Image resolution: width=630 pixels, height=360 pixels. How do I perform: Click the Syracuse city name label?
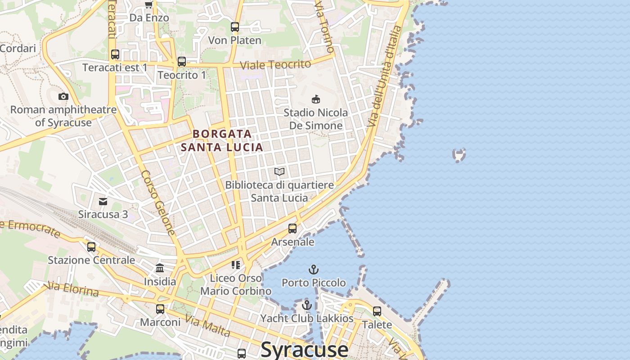(x=304, y=349)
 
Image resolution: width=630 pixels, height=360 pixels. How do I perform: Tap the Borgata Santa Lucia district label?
(x=222, y=140)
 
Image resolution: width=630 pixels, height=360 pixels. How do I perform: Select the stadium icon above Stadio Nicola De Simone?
(x=316, y=99)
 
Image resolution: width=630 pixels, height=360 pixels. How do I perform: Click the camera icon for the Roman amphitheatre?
(x=63, y=96)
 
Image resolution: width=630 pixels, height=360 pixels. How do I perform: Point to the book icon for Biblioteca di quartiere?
(x=279, y=172)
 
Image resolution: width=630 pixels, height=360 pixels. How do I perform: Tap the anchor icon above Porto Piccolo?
(x=313, y=270)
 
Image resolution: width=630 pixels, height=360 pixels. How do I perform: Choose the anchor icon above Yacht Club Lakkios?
(x=307, y=305)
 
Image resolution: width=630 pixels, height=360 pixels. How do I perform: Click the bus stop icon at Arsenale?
(x=292, y=229)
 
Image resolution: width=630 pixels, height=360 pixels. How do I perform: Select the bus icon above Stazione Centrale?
(x=91, y=247)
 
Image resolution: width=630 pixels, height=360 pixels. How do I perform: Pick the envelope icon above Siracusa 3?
(x=103, y=201)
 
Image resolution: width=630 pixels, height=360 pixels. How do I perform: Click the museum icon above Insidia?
(x=160, y=268)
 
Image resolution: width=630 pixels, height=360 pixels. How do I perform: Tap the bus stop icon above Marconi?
(x=160, y=309)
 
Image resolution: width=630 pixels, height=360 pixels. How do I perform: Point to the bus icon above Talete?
(x=377, y=311)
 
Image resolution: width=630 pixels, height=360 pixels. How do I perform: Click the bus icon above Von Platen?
(x=235, y=27)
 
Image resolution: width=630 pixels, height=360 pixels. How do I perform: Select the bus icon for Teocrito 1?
(x=182, y=62)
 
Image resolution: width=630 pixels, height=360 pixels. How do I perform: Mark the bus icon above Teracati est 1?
(x=115, y=54)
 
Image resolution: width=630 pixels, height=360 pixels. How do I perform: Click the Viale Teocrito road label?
(x=275, y=65)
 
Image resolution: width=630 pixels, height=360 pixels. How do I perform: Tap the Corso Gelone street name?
(x=157, y=202)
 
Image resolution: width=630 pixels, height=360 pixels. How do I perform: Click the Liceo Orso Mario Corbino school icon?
(x=236, y=265)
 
